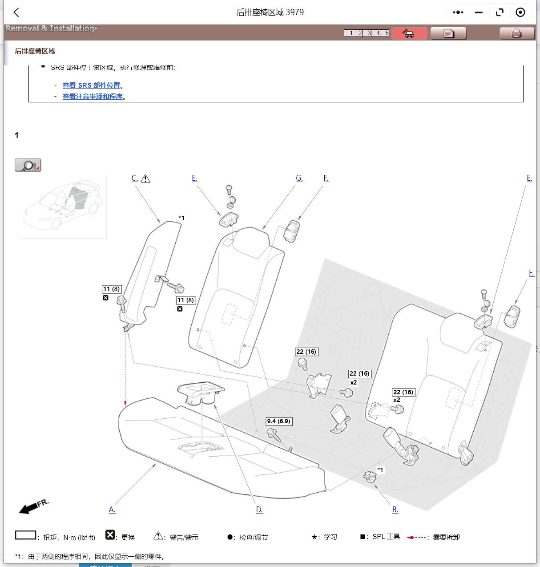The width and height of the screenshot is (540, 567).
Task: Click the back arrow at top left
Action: pyautogui.click(x=16, y=12)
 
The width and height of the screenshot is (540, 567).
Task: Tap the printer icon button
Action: pyautogui.click(x=516, y=33)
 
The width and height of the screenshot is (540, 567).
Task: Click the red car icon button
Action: pyautogui.click(x=409, y=33)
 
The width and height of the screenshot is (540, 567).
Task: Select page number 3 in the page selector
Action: pyautogui.click(x=369, y=33)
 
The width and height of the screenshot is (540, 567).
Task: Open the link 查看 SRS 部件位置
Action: pyautogui.click(x=91, y=85)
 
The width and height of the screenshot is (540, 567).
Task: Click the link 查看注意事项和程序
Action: pyautogui.click(x=93, y=97)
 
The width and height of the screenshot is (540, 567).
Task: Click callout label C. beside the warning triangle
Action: pyautogui.click(x=134, y=178)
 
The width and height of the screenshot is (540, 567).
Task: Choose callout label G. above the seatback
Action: pyautogui.click(x=299, y=178)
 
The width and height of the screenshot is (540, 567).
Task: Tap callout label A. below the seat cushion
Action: pyautogui.click(x=112, y=510)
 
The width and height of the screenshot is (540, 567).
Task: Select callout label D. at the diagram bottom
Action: pyautogui.click(x=259, y=510)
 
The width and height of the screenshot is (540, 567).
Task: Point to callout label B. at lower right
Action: pyautogui.click(x=395, y=510)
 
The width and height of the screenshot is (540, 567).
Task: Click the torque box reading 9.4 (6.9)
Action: pyautogui.click(x=279, y=421)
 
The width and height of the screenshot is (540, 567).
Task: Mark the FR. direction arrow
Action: pyautogui.click(x=33, y=506)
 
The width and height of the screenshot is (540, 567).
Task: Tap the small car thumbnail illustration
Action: pyautogui.click(x=62, y=207)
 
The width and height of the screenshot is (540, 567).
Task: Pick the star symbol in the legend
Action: pyautogui.click(x=314, y=537)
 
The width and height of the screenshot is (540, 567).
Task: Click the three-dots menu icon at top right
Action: pyautogui.click(x=458, y=12)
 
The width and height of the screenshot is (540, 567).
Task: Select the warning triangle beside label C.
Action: pyautogui.click(x=145, y=179)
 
